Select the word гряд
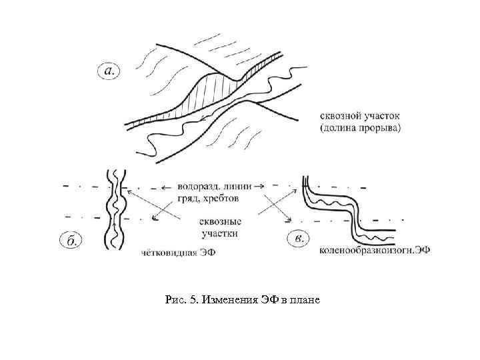tap(188, 198)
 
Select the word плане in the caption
tap(305, 301)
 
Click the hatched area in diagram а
tap(207, 93)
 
